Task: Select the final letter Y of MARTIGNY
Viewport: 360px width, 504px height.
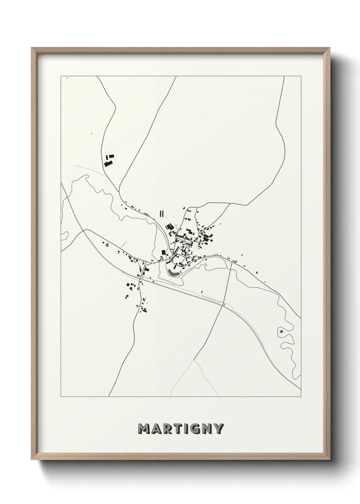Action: [218, 428]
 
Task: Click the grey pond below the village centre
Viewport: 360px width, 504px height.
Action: [174, 273]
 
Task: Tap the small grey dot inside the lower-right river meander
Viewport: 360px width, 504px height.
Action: [281, 331]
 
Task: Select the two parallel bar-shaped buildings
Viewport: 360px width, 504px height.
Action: [161, 214]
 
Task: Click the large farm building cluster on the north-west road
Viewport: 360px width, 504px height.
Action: [109, 161]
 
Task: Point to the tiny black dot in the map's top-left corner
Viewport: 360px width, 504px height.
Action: [67, 78]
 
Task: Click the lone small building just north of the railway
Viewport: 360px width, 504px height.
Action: [202, 292]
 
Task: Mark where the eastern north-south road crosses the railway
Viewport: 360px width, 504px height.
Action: [223, 305]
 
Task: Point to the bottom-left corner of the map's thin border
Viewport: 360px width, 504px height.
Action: [61, 397]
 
